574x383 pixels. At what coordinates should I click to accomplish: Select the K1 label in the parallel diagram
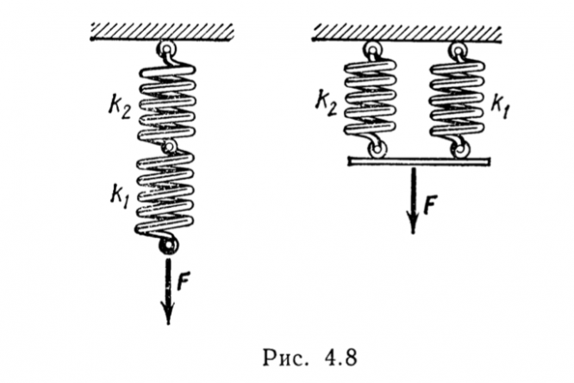[x=500, y=105]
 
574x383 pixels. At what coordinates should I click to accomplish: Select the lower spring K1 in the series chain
[x=167, y=194]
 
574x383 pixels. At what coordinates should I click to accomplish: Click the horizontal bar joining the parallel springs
[x=417, y=160]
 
